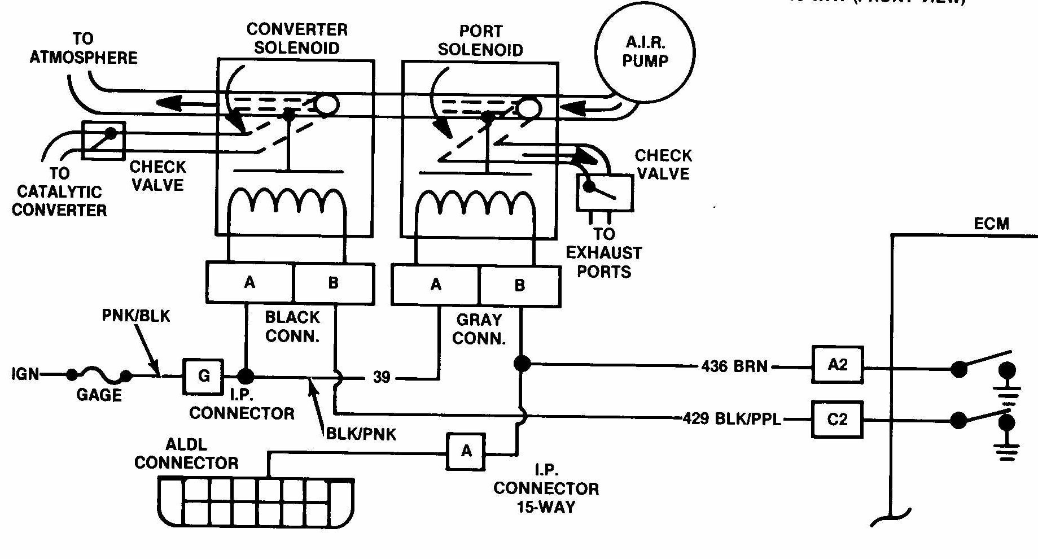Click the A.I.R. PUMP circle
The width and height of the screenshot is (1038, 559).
pos(645,52)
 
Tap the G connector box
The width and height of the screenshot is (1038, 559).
pos(203,376)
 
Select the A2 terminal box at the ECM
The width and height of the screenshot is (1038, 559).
pos(837,365)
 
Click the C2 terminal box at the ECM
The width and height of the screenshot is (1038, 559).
pos(837,420)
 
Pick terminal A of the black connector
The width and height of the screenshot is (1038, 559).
pos(249,282)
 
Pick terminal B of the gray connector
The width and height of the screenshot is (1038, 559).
pos(519,286)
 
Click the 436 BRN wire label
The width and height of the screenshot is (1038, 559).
pos(734,366)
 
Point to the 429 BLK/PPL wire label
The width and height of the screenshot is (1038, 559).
pos(732,419)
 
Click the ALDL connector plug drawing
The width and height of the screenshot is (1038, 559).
pos(256,501)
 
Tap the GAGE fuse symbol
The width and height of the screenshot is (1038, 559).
pos(99,374)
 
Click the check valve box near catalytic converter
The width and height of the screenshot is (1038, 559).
pos(103,140)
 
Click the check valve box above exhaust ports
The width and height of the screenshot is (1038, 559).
pos(605,193)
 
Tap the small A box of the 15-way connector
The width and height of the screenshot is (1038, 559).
pos(466,451)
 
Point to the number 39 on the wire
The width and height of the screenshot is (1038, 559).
pos(382,377)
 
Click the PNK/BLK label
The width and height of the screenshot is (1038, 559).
pos(135,316)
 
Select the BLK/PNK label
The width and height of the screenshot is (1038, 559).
pos(361,434)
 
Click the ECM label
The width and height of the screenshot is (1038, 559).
pos(991,224)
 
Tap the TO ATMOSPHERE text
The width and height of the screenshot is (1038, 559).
pos(84,49)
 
